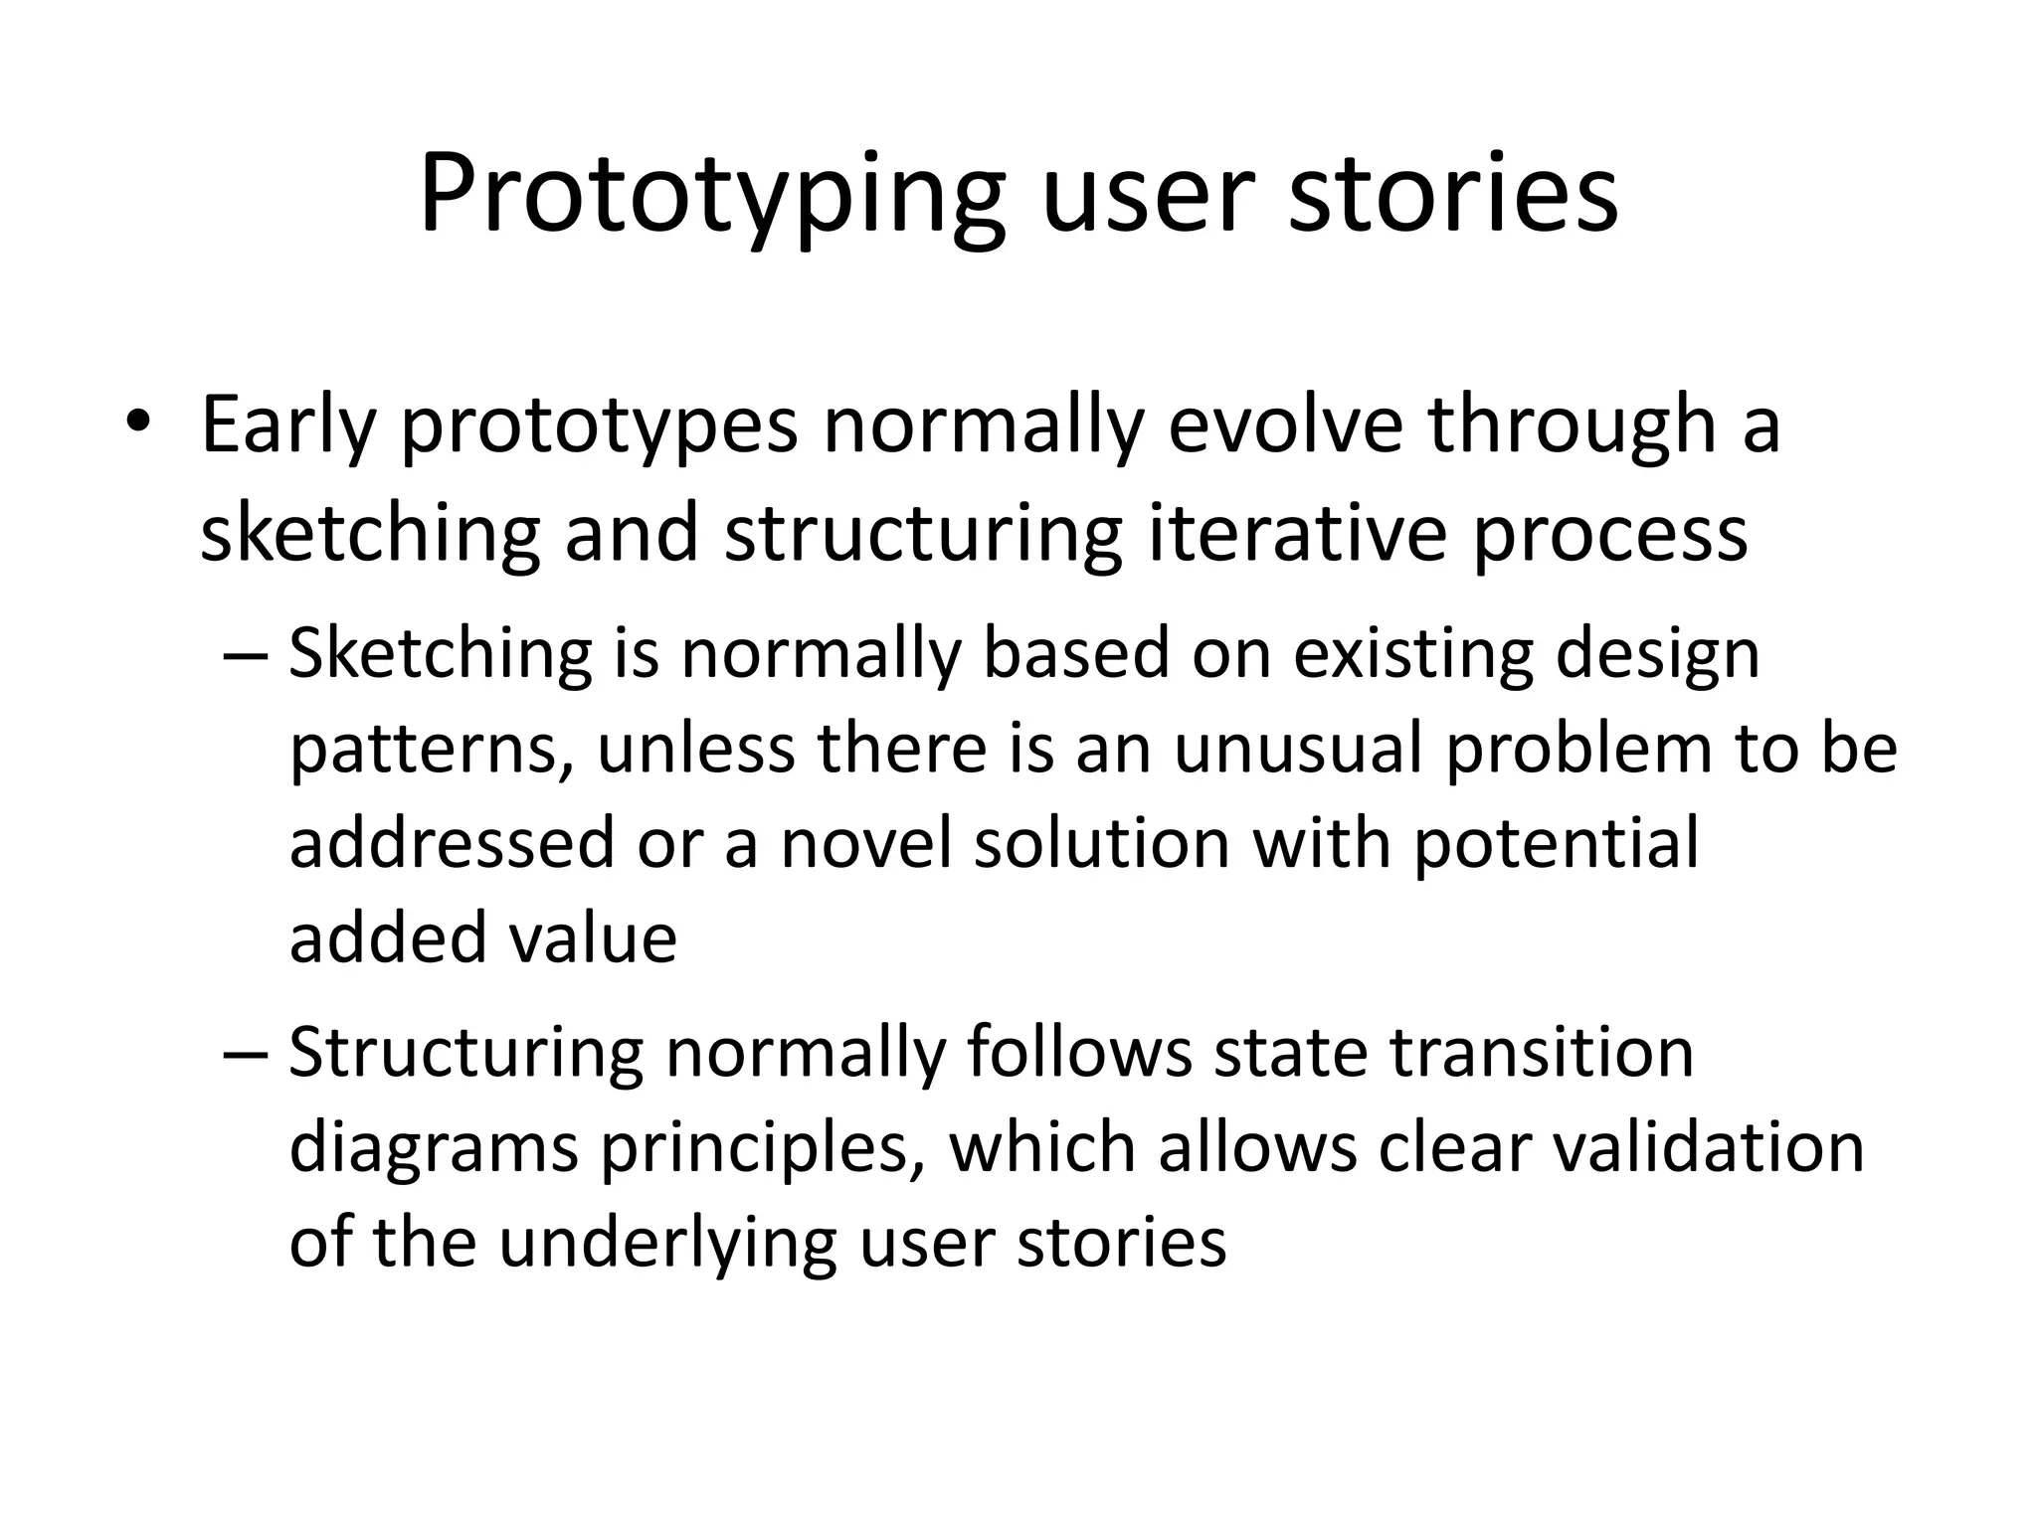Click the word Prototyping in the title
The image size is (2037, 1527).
[x=712, y=194]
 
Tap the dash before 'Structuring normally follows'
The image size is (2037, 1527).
[x=246, y=1055]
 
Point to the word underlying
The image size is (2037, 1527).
[x=665, y=1245]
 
